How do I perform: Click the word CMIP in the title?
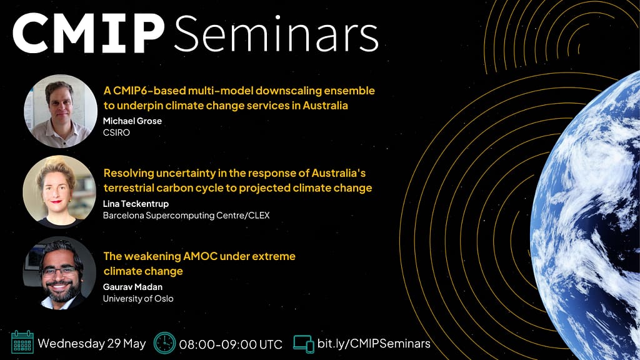(x=89, y=34)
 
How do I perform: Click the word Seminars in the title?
(x=276, y=34)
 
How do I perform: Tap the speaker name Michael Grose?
(x=132, y=121)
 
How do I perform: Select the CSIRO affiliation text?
(x=116, y=132)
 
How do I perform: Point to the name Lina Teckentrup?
(x=136, y=204)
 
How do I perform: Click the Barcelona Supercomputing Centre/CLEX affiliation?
(x=186, y=215)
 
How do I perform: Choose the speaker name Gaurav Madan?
(x=132, y=287)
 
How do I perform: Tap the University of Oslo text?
(x=138, y=298)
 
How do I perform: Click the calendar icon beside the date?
(x=22, y=342)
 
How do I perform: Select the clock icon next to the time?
(x=164, y=343)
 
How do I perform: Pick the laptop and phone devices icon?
(x=304, y=344)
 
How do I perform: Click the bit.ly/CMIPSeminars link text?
(x=374, y=343)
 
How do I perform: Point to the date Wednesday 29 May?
(x=92, y=343)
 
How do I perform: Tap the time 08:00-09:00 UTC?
(x=231, y=344)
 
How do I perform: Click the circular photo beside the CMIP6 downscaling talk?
(x=61, y=111)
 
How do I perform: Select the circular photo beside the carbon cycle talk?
(x=59, y=191)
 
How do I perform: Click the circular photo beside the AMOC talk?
(x=59, y=272)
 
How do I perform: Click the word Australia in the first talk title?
(x=325, y=105)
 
